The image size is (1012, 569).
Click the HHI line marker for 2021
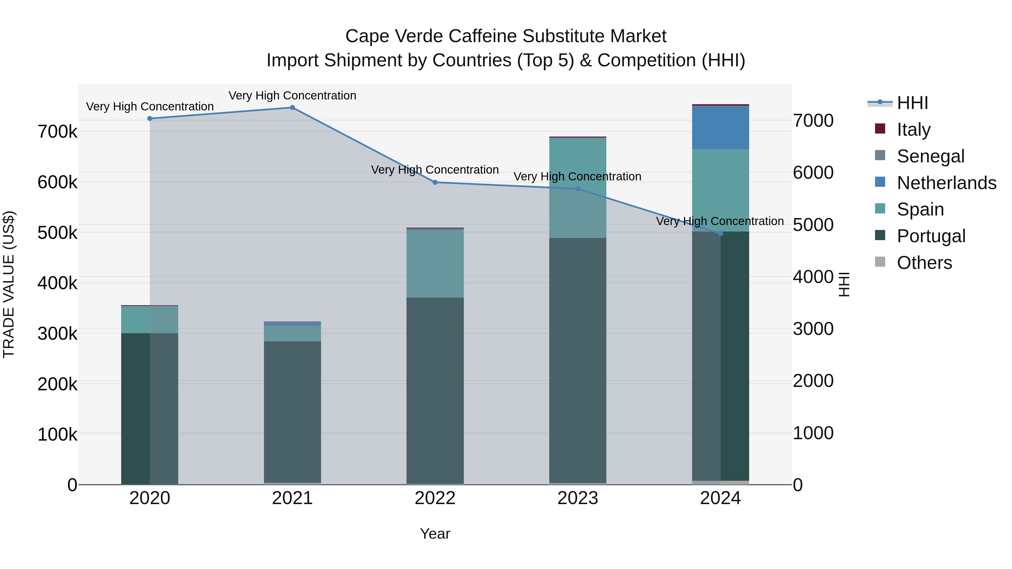coord(292,108)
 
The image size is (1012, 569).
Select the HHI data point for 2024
coord(720,234)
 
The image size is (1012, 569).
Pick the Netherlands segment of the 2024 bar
coord(720,128)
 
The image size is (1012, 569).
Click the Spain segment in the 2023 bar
coord(577,188)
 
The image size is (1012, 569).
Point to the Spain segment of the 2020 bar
coord(149,320)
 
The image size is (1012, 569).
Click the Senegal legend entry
coord(930,156)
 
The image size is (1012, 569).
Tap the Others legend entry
coord(924,263)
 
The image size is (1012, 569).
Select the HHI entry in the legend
coord(912,103)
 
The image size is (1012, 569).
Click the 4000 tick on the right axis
coord(813,277)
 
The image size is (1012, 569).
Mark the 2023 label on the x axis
coord(577,498)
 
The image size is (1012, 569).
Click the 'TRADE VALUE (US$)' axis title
coord(9,284)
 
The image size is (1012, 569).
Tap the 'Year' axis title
coord(435,534)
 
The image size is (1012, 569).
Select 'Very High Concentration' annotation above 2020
coord(150,106)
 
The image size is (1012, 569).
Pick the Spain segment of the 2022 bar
coord(435,263)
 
